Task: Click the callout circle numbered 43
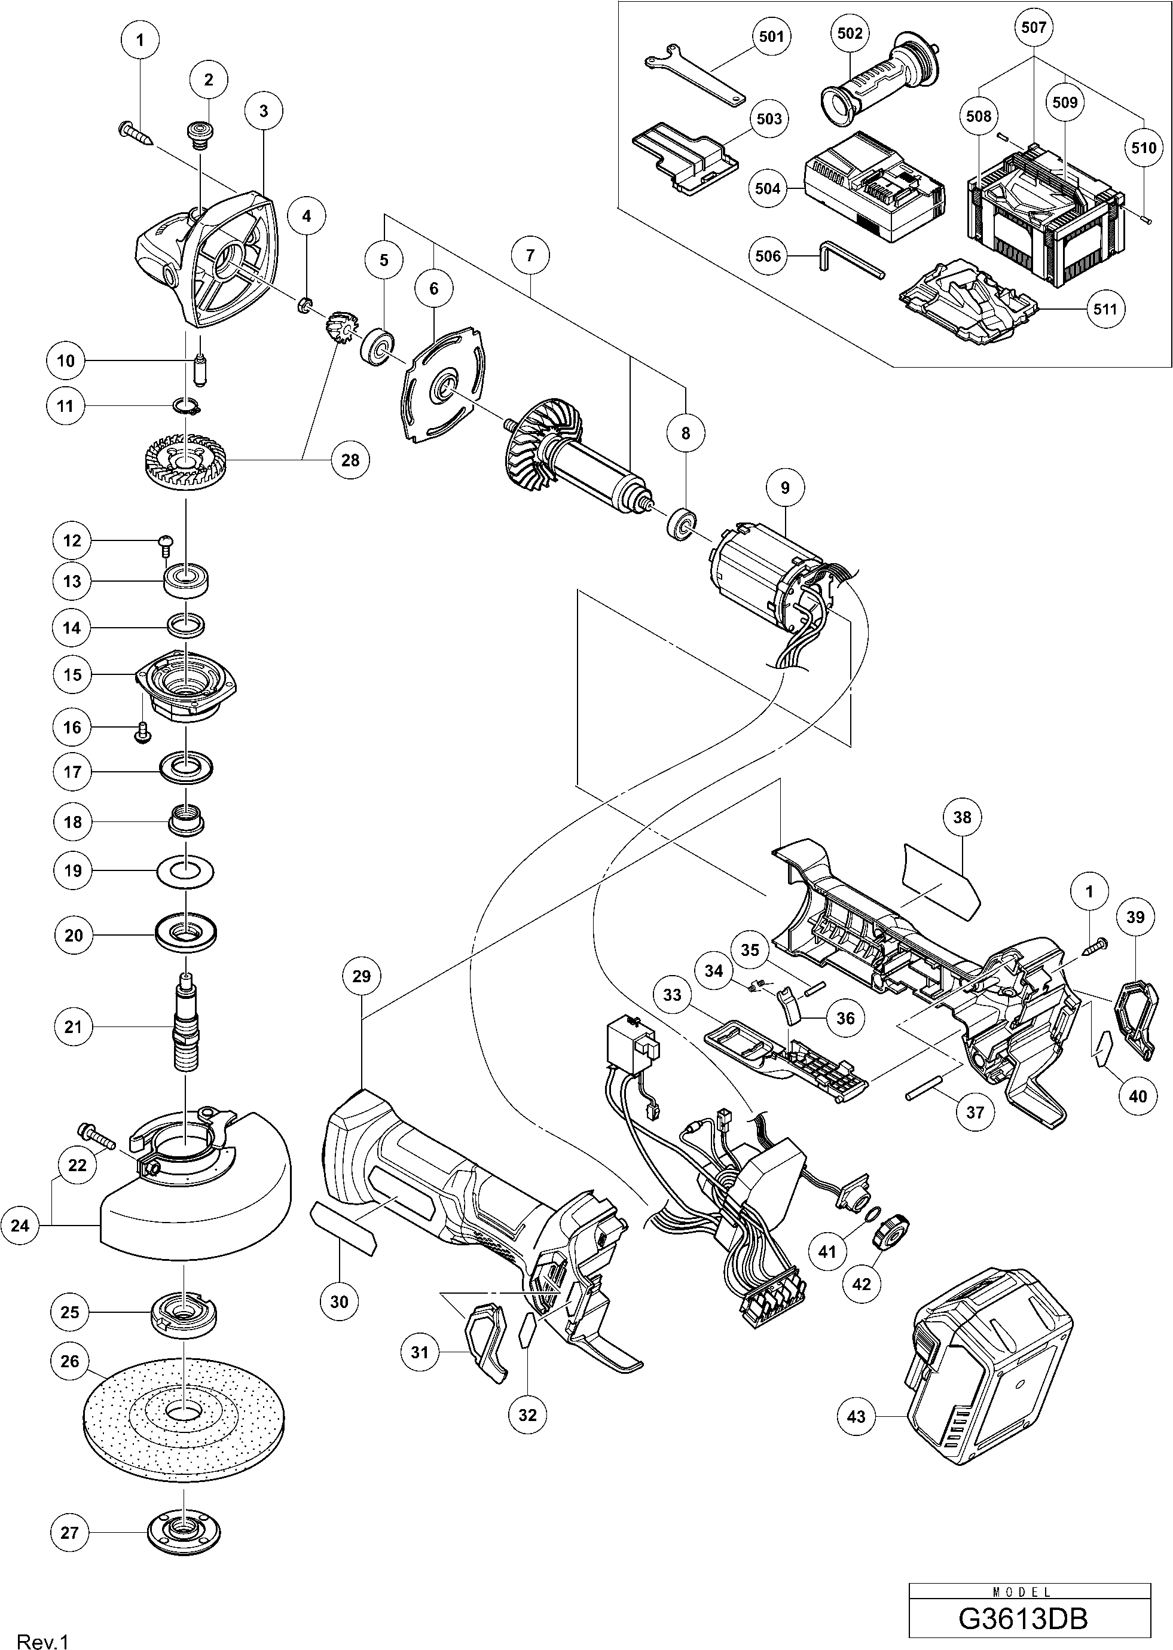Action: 856,1417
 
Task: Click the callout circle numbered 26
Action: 70,1361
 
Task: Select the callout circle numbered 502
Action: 850,34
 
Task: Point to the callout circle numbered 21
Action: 73,1026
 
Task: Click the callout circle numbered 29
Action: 361,976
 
